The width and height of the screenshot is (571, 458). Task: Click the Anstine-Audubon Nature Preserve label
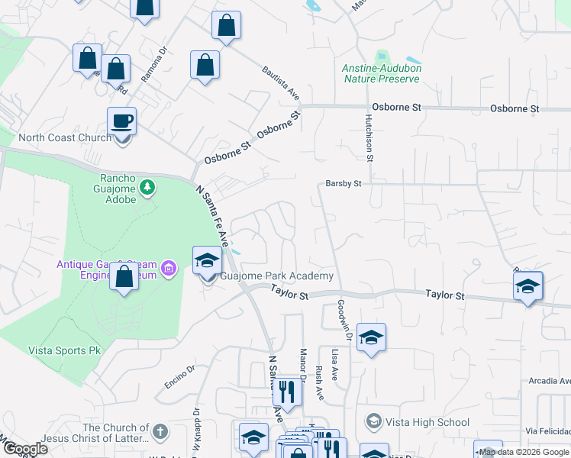pyautogui.click(x=382, y=73)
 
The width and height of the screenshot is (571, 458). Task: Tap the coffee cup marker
pyautogui.click(x=122, y=121)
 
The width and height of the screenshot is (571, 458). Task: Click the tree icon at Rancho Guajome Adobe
pyautogui.click(x=147, y=187)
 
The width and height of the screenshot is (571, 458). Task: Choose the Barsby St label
pyautogui.click(x=343, y=183)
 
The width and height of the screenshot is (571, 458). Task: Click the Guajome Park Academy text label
pyautogui.click(x=277, y=276)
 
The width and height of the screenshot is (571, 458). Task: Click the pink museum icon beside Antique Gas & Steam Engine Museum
pyautogui.click(x=169, y=268)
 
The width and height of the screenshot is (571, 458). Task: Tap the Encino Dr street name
pyautogui.click(x=180, y=376)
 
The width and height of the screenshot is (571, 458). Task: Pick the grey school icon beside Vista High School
pyautogui.click(x=373, y=421)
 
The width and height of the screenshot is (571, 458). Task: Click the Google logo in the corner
pyautogui.click(x=25, y=450)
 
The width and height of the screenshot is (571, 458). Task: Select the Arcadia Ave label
pyautogui.click(x=549, y=381)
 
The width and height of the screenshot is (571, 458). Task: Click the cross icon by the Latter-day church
pyautogui.click(x=160, y=433)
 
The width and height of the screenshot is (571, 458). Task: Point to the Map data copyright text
pyautogui.click(x=524, y=452)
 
